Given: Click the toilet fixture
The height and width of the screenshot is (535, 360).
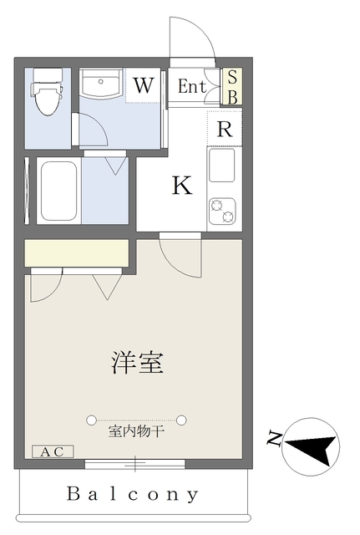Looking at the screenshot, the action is tap(46, 92).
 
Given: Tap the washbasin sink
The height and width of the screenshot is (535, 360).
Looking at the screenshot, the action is tap(101, 84).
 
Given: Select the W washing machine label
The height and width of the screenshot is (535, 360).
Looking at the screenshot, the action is tap(143, 85).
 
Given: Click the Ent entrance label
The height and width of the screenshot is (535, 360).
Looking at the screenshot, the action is tap(192, 86).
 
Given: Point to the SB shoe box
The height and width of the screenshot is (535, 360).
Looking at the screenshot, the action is tap(232, 87).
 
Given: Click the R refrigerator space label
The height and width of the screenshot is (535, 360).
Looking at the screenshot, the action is tap(225, 129).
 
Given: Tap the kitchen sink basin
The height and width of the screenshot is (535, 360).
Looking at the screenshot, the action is tap(222, 166).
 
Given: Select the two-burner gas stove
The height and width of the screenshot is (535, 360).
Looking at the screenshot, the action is tap(222, 211).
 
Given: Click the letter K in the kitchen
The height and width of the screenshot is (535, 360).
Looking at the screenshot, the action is tap(182, 186).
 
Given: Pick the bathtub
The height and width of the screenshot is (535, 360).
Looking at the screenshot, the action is tap(58, 191).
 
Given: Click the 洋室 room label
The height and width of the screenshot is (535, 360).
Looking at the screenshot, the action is tap(137, 362).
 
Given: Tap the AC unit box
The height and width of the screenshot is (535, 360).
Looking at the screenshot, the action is tap(53, 451).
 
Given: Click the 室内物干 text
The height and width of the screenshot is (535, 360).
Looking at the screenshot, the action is tap(136, 432).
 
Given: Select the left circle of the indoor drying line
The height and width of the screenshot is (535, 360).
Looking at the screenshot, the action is tap(91, 420).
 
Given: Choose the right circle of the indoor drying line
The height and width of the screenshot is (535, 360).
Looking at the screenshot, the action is tap(181, 420).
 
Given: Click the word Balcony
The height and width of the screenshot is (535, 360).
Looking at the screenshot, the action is tap(132, 494).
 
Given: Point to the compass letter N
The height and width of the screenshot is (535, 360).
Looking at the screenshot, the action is tap(274, 438).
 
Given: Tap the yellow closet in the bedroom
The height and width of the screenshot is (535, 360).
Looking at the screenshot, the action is tap(76, 252).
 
